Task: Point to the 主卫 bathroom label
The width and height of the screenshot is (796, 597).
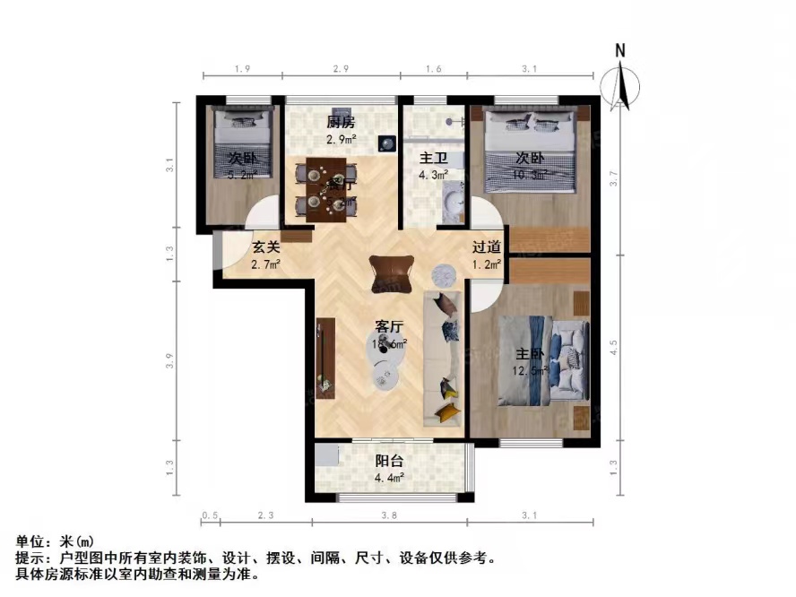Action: [x=434, y=159]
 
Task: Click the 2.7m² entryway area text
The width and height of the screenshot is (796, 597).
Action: [x=266, y=264]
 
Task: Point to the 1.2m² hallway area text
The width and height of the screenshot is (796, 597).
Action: [x=487, y=264]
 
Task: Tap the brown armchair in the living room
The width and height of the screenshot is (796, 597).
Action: [x=392, y=271]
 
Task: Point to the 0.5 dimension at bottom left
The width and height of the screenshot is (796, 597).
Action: [x=211, y=515]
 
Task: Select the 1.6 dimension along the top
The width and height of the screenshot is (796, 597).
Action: [x=433, y=68]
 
